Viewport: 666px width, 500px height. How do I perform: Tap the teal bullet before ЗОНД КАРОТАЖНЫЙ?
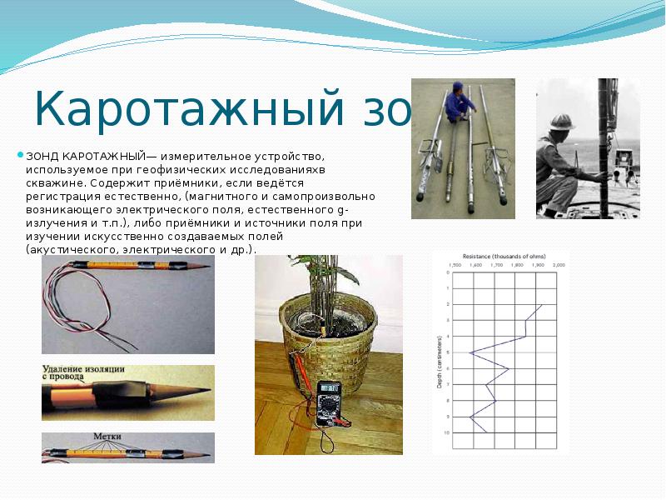click(x=21, y=155)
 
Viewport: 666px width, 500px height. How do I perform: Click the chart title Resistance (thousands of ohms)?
click(x=500, y=256)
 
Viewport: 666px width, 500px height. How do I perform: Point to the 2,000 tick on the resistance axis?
click(x=559, y=264)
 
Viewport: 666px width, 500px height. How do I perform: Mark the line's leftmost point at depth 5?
click(x=470, y=353)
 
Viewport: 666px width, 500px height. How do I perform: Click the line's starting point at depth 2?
click(x=542, y=305)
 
